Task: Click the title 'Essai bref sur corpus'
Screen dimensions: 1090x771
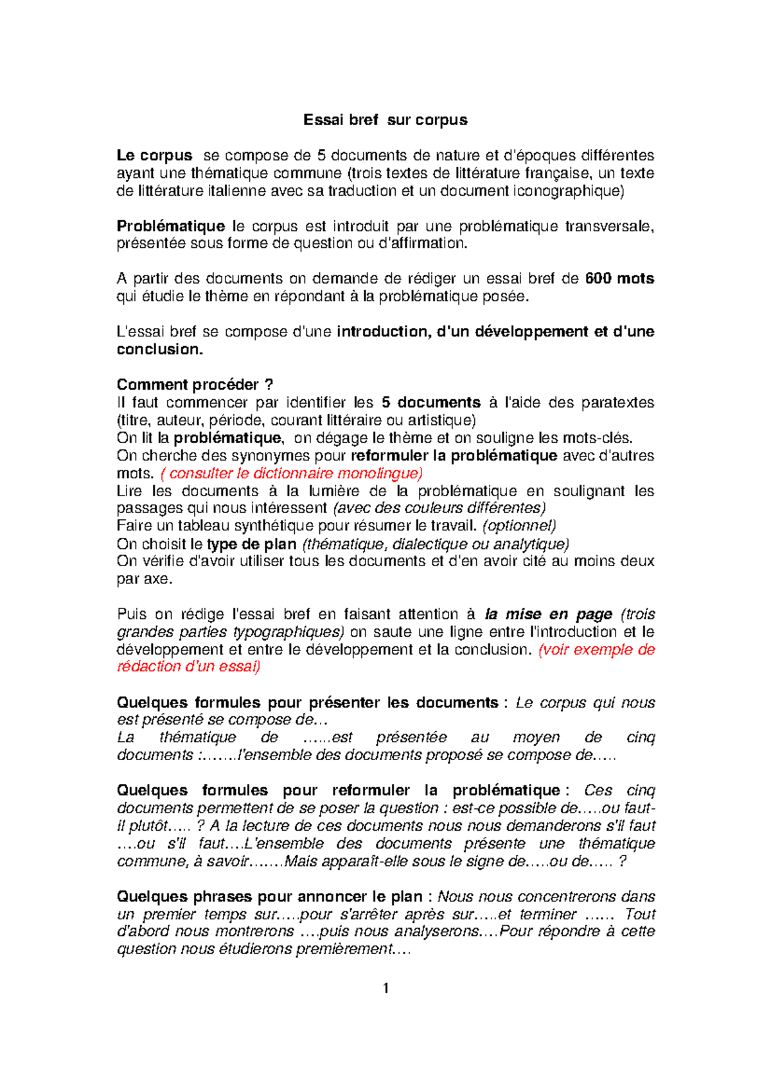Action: pos(385,120)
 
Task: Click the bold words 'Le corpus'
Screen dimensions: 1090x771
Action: pos(154,155)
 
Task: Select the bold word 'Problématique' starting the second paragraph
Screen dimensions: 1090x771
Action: pos(171,226)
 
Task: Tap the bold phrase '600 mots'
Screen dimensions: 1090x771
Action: pos(619,279)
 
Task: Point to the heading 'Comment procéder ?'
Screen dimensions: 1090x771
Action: pos(195,385)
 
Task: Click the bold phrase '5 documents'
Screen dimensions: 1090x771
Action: pos(430,402)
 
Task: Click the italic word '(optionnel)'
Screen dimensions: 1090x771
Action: pos(518,526)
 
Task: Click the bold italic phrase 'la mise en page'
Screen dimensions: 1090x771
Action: pos(548,614)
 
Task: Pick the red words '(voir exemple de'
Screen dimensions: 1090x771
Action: pos(597,650)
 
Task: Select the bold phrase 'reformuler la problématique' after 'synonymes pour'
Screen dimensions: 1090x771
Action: pos(454,456)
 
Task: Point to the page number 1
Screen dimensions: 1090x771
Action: pos(385,989)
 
